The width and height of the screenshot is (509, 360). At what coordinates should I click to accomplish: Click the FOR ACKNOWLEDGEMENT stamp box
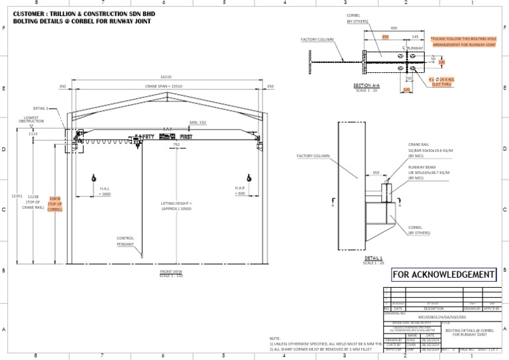point(443,274)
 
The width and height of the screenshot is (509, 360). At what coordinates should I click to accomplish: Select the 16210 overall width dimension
point(166,77)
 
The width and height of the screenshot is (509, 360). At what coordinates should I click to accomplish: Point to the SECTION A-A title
point(367,86)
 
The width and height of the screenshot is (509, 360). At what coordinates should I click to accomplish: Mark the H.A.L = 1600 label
point(104,192)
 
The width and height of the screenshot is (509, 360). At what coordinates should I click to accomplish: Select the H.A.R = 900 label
point(241,191)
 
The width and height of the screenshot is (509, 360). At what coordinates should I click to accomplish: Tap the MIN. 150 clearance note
point(198,123)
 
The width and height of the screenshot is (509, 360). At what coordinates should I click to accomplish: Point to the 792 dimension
point(176,144)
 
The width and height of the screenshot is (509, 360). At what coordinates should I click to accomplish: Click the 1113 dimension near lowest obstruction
point(33,134)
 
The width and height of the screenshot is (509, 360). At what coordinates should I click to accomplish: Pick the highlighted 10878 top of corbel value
point(55,199)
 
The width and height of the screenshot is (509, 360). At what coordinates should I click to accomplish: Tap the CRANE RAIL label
point(418,144)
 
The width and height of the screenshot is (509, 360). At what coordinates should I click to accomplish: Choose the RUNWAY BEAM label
point(421,168)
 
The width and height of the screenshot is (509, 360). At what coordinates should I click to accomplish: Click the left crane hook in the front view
point(94,178)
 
